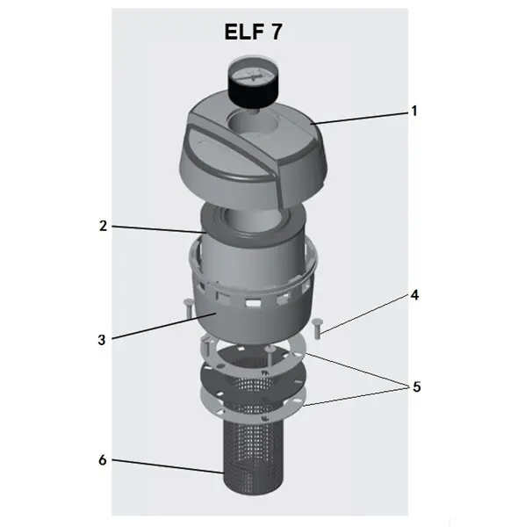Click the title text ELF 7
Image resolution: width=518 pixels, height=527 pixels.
click(253, 32)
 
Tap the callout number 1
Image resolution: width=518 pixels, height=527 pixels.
click(414, 111)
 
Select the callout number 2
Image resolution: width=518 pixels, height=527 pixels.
click(103, 226)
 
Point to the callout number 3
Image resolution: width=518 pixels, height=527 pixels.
click(102, 340)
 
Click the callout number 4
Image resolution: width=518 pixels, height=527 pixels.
click(414, 295)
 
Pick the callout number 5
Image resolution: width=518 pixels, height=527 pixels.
click(416, 386)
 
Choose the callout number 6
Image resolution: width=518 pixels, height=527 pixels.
click(103, 459)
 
